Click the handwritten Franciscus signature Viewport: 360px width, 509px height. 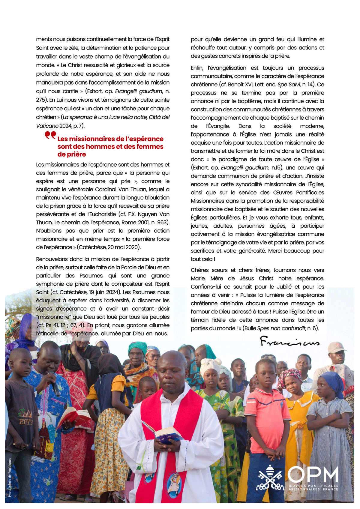click(x=289, y=342)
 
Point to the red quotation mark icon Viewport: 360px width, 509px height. click(x=50, y=135)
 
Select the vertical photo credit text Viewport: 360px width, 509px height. click(x=10, y=477)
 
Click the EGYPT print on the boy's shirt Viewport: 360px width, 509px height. click(x=26, y=421)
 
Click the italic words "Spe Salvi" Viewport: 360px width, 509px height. click(x=288, y=85)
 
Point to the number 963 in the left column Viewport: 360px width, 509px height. click(x=162, y=223)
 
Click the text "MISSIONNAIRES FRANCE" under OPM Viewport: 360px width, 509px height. click(x=313, y=489)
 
